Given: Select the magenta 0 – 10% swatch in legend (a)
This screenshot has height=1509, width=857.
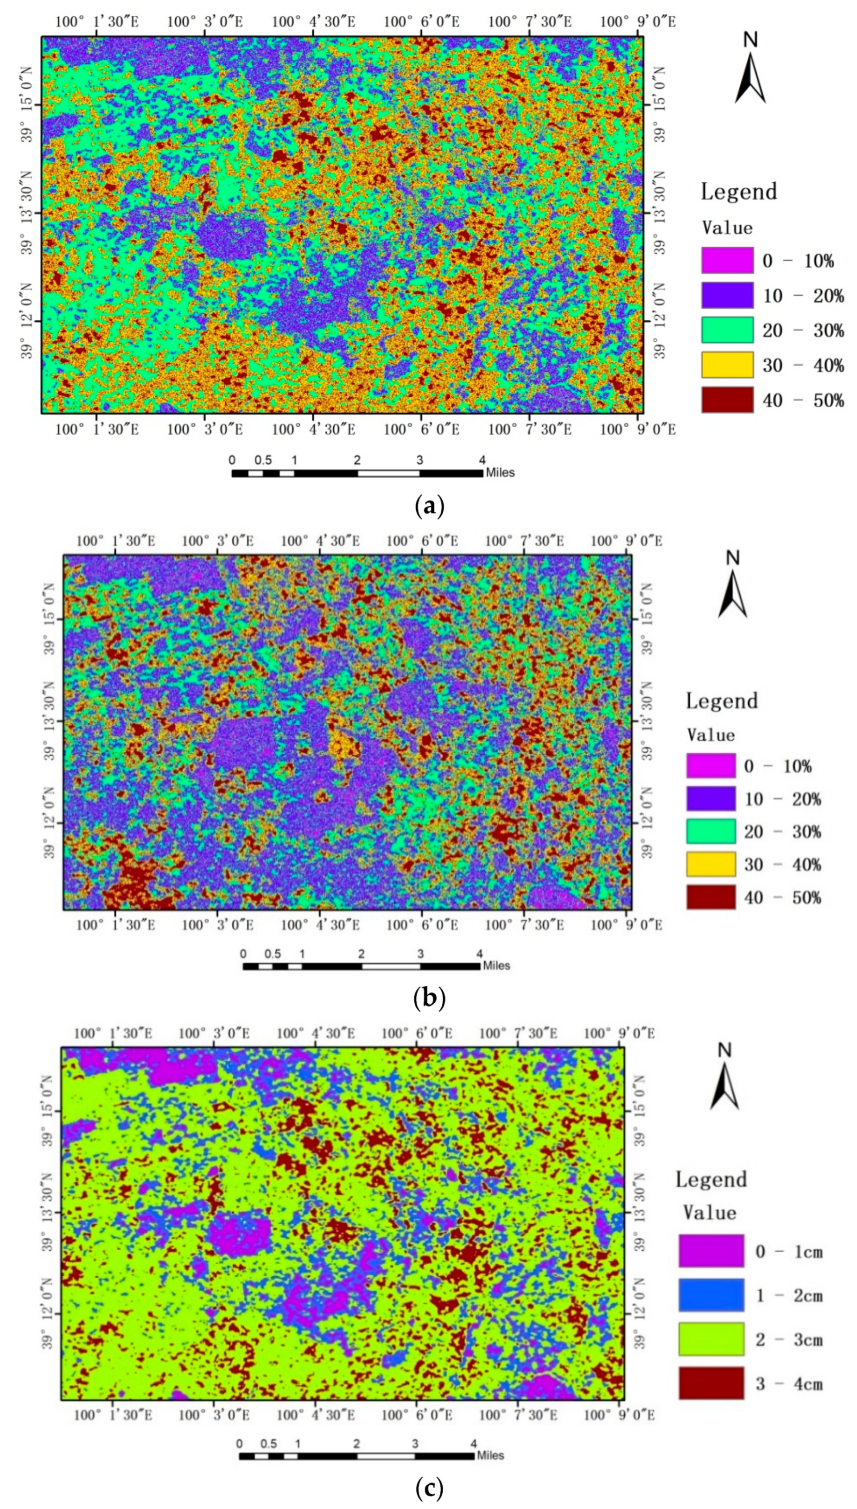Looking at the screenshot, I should pos(727,260).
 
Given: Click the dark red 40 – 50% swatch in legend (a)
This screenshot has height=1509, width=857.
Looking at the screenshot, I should pos(727,400).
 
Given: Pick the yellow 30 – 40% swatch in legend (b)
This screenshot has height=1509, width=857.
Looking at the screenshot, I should pos(711,864).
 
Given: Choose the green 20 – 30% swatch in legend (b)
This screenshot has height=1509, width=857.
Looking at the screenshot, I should pos(711,831).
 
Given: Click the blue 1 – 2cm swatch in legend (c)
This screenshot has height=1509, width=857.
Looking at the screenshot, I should pos(711,1295).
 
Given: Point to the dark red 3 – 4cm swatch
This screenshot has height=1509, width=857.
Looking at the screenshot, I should pos(711,1382).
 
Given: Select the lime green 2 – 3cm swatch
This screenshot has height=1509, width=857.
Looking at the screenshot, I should pos(711,1339).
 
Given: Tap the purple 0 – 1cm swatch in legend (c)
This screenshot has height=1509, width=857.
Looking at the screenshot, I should pos(711,1251).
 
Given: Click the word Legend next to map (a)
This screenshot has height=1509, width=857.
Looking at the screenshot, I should pos(739,192).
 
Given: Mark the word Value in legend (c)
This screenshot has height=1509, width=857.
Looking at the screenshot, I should pos(709,1213).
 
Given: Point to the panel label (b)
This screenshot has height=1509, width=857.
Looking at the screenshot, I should pos(429,999).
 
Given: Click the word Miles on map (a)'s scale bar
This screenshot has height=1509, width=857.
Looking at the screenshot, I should pos(500,472).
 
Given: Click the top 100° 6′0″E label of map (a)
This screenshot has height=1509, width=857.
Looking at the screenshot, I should pos(421,22).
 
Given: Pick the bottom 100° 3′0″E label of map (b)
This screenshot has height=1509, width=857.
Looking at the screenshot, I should pos(217,924).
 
